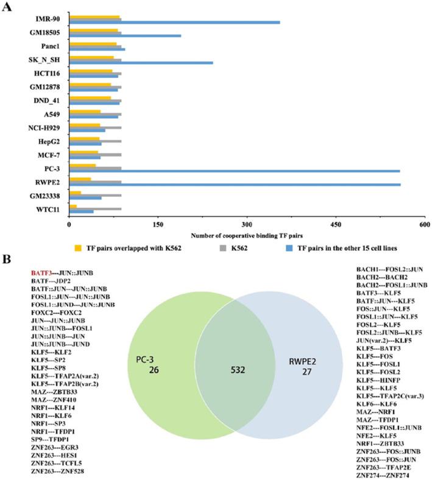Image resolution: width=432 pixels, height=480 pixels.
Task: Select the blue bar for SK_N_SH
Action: pyautogui.click(x=141, y=63)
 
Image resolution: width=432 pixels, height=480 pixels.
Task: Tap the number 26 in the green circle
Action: pyautogui.click(x=153, y=369)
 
